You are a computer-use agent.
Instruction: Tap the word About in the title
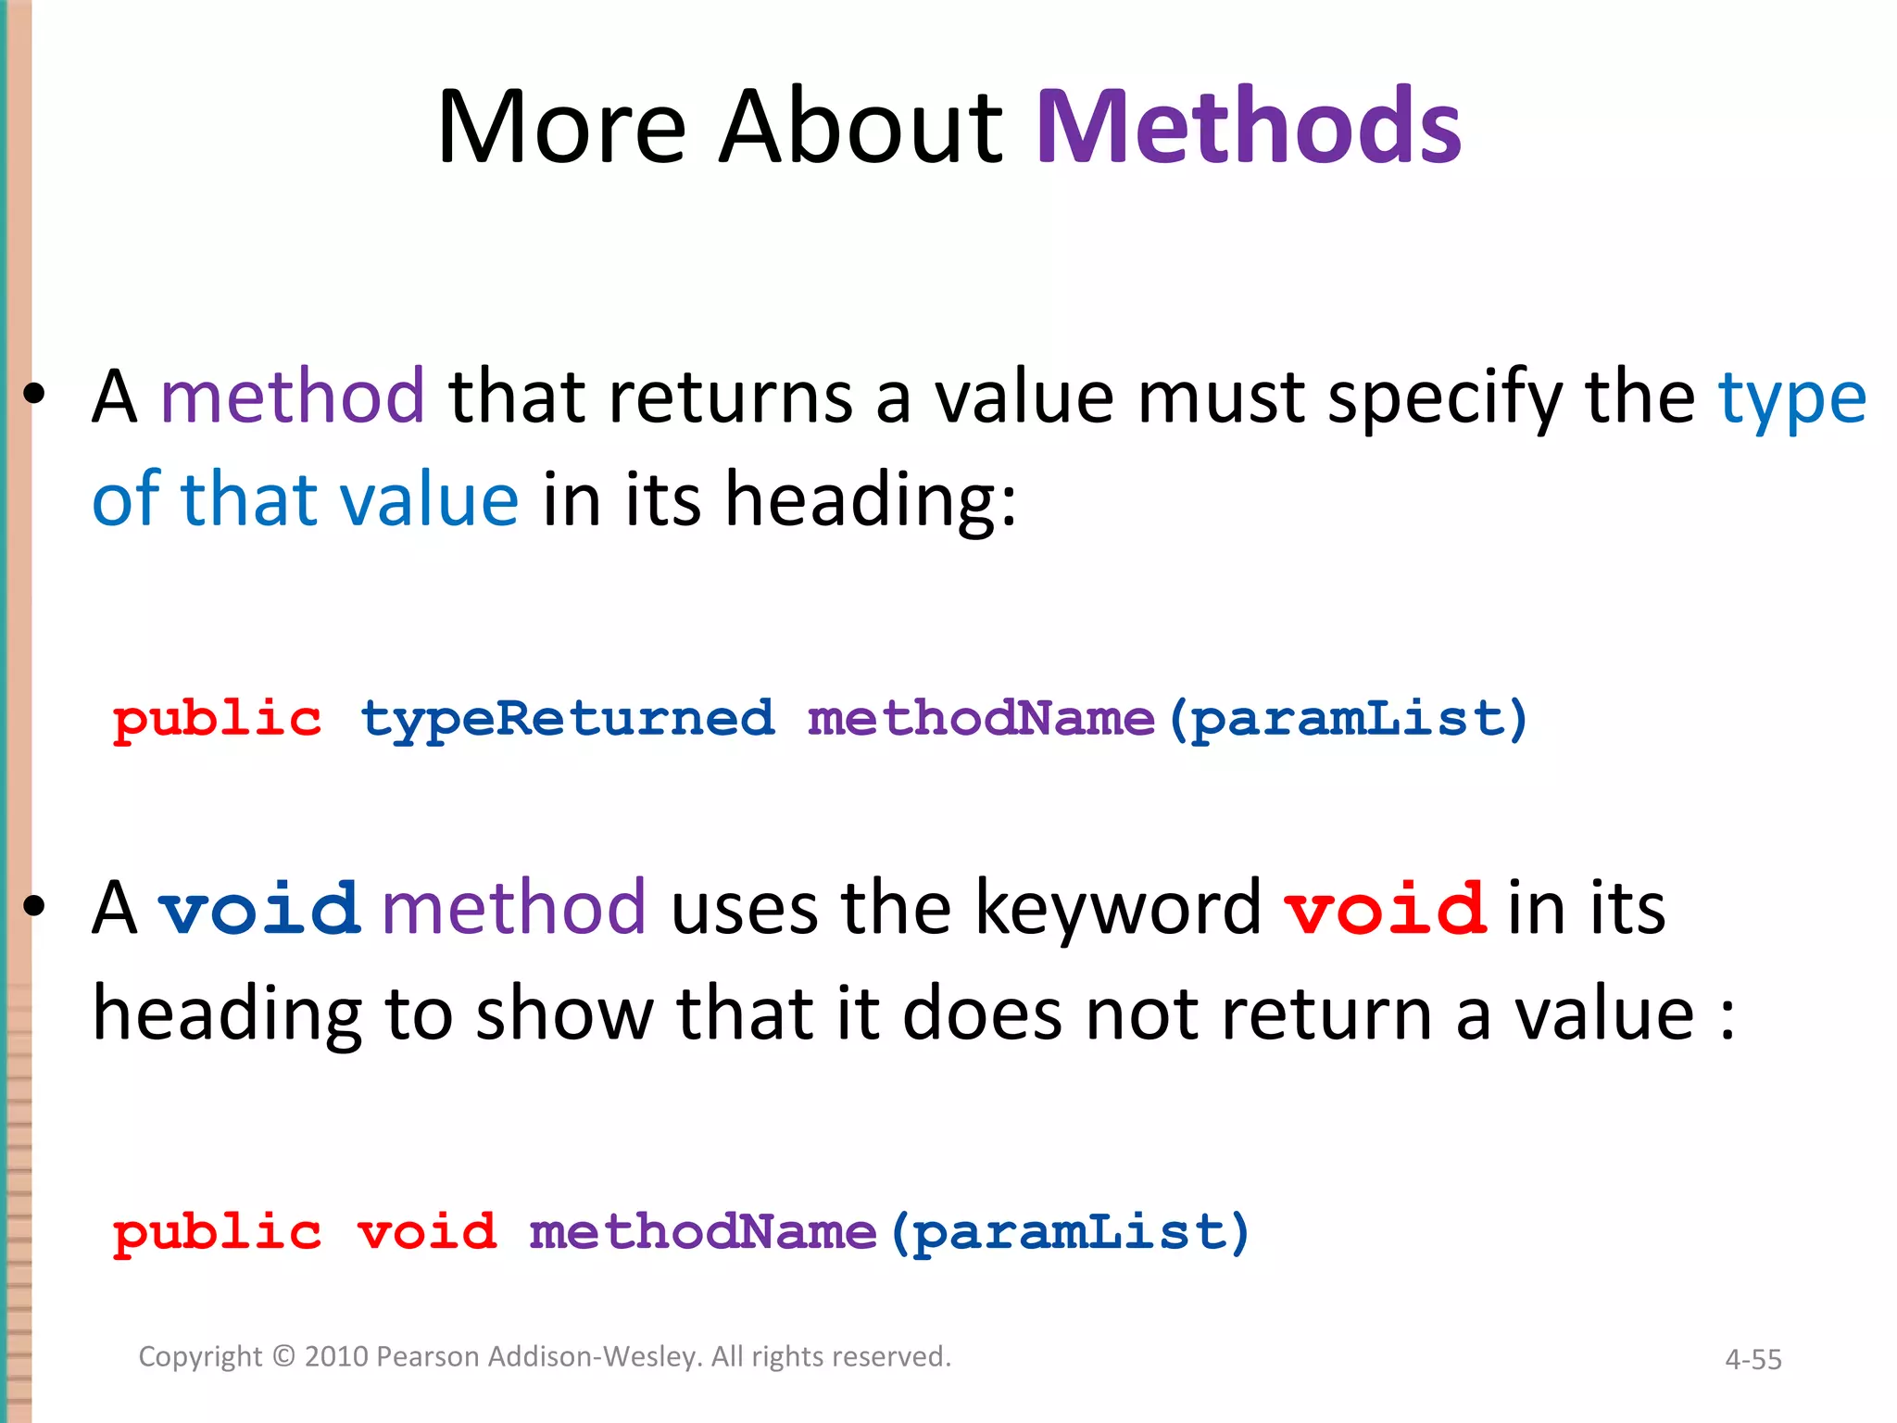point(861,127)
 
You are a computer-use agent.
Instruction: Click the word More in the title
point(562,127)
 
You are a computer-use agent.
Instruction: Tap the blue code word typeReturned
point(567,720)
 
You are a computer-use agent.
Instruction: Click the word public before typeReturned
point(217,720)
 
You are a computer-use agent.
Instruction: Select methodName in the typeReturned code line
point(981,720)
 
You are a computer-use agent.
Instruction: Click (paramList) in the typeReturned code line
point(1348,720)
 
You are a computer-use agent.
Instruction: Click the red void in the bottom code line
point(427,1233)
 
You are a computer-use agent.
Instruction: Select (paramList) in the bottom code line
point(1070,1233)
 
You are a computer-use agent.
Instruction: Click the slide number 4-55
point(1753,1359)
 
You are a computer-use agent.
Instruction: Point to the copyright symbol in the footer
point(283,1356)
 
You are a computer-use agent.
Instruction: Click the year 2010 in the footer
point(337,1356)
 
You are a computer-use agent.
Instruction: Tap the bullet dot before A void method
point(34,908)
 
